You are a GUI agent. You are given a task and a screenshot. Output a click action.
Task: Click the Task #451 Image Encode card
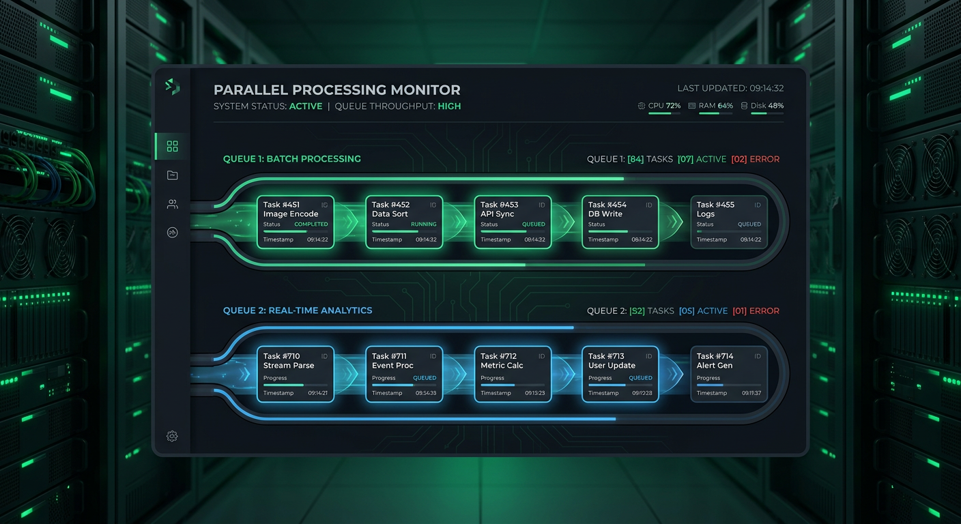tap(296, 222)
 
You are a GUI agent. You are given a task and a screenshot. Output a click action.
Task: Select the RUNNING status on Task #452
tap(423, 224)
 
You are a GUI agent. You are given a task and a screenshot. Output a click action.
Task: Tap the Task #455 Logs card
tap(729, 222)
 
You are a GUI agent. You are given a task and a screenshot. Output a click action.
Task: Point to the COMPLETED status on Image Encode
tap(311, 224)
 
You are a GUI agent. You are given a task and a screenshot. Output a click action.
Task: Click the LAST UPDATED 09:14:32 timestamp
tap(730, 89)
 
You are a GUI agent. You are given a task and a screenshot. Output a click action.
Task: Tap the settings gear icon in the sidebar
tap(172, 436)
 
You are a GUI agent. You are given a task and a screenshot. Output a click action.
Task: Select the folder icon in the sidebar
tap(172, 175)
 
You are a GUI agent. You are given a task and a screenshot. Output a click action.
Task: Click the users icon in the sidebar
tap(172, 204)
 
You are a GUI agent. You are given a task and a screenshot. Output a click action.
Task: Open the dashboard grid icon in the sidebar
tap(172, 146)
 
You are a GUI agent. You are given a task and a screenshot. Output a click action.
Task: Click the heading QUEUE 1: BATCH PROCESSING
tap(292, 159)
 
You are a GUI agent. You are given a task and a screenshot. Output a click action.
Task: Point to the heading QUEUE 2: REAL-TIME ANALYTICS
tap(298, 310)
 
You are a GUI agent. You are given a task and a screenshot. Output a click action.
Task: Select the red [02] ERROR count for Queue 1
tap(755, 159)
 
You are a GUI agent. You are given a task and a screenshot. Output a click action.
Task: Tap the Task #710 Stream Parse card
tap(296, 374)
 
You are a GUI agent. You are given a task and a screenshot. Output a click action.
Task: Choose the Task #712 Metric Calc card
tap(512, 374)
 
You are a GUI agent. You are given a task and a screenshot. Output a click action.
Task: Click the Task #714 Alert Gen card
tap(729, 374)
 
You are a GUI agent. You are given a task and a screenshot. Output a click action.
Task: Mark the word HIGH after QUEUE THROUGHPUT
tap(449, 106)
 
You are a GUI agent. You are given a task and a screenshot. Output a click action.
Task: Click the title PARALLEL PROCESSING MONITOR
tap(337, 90)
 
